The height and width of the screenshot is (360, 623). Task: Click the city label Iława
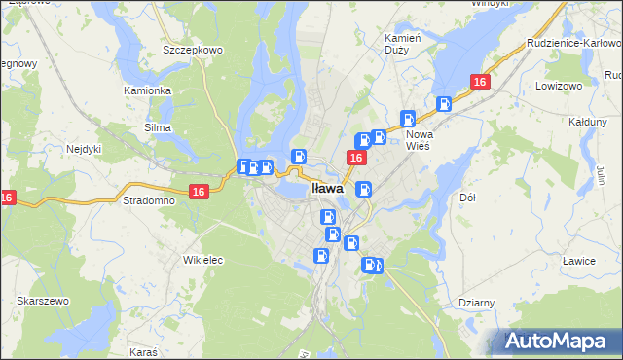(x=327, y=188)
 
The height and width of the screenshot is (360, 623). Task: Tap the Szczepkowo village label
(x=194, y=49)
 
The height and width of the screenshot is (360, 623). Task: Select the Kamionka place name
(x=147, y=90)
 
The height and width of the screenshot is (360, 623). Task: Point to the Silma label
(x=157, y=127)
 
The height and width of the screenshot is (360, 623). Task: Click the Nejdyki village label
(x=86, y=150)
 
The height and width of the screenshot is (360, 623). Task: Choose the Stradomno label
(x=149, y=200)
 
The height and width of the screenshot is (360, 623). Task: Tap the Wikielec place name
(x=203, y=260)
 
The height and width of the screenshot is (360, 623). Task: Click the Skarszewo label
(x=42, y=302)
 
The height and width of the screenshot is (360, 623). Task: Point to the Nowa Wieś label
(x=419, y=139)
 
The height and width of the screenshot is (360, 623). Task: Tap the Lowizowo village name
(x=558, y=87)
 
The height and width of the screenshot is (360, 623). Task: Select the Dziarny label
(x=477, y=303)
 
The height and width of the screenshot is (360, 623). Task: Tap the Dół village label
(x=466, y=197)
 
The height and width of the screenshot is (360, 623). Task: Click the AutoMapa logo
(x=556, y=341)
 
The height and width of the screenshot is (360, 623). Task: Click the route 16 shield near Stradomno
(x=199, y=193)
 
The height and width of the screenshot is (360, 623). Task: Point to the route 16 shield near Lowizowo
(x=479, y=83)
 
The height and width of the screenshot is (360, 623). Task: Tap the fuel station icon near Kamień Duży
(x=409, y=118)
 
